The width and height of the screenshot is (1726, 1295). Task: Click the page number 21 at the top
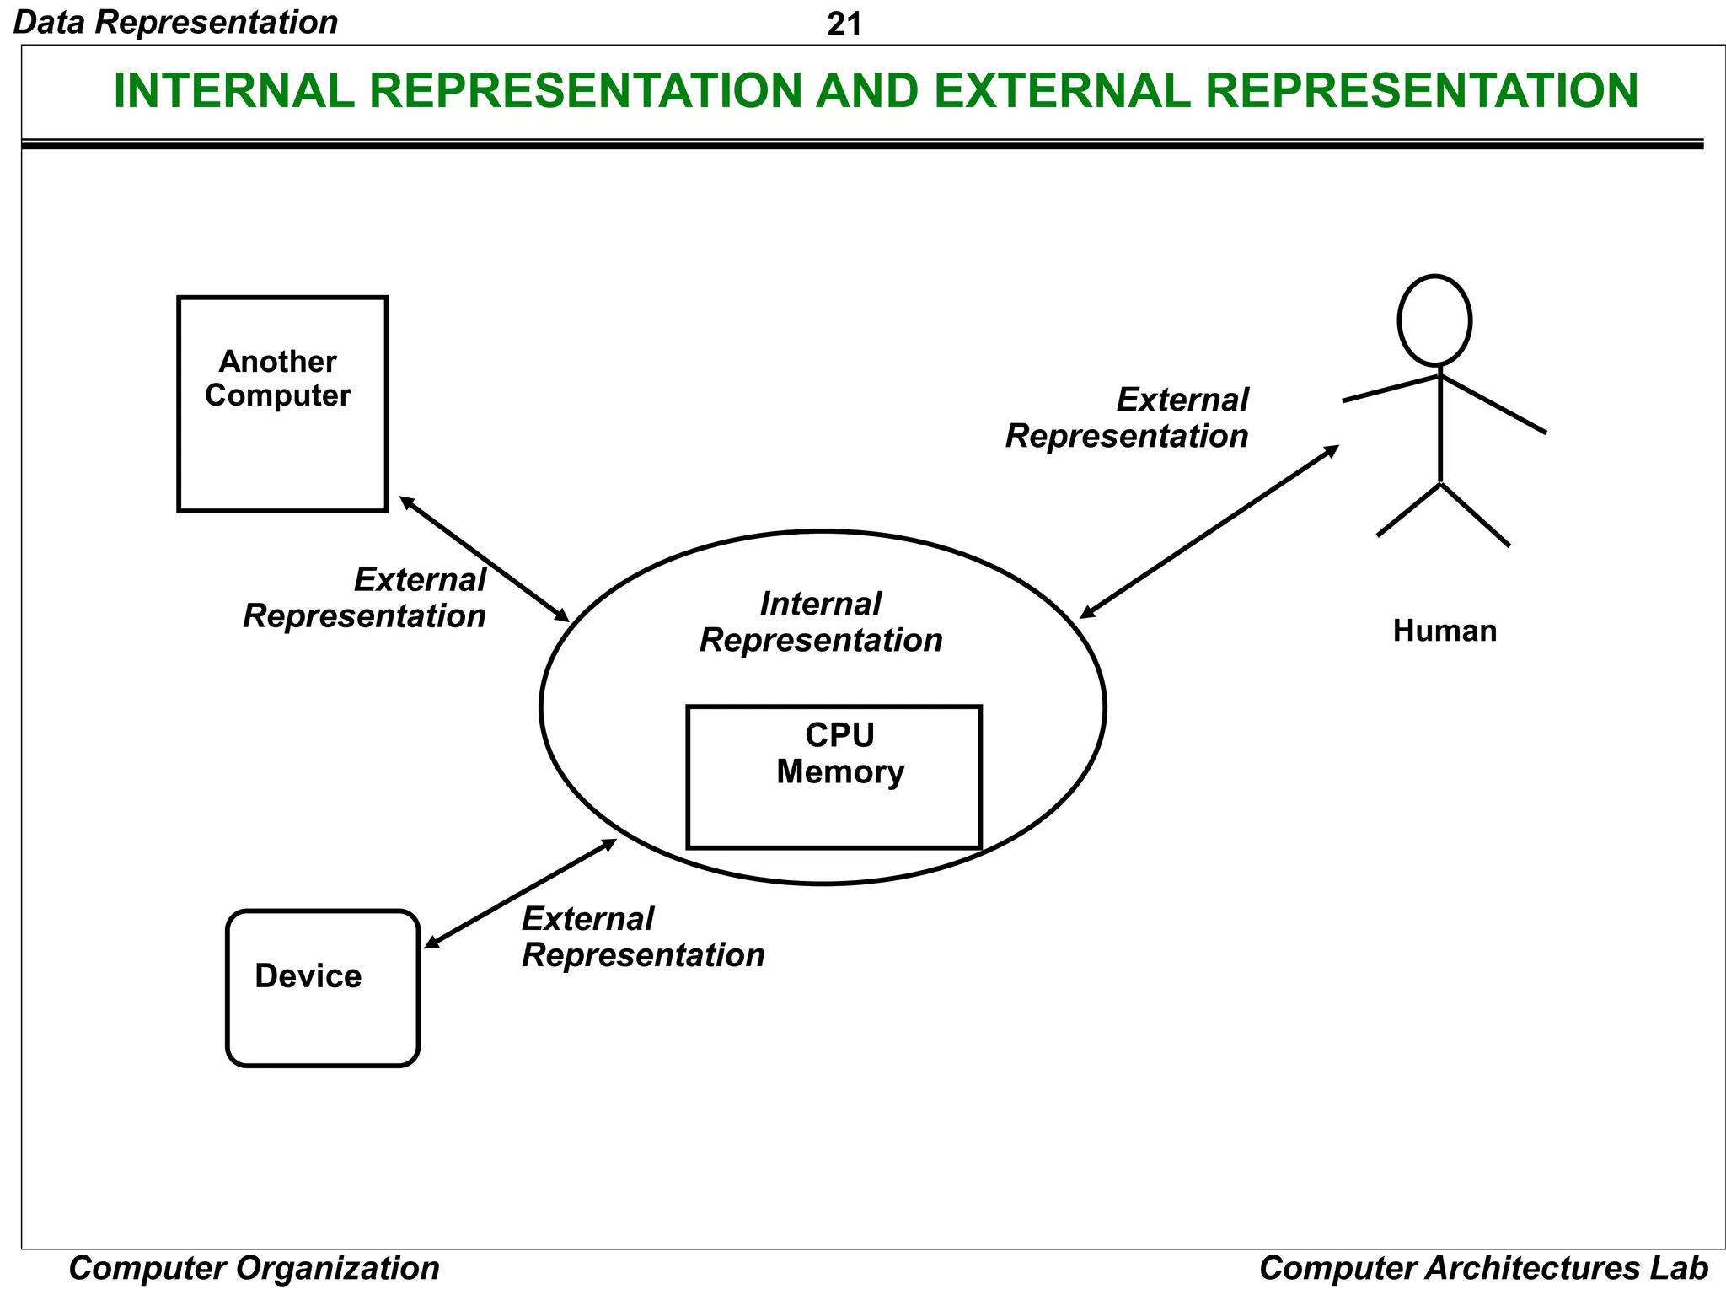coord(844,24)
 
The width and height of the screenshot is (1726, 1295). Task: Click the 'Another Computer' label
coord(277,379)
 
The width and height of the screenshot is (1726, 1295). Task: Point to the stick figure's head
coord(1434,320)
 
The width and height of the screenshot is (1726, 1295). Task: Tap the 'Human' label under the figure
coord(1444,631)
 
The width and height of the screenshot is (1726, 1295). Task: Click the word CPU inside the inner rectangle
coord(839,735)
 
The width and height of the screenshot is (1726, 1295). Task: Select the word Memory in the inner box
coord(839,771)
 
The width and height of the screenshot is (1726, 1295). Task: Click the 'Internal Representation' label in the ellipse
coord(821,622)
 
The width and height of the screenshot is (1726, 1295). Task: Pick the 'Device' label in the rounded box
coord(308,975)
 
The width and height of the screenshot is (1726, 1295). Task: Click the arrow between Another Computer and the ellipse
coord(484,559)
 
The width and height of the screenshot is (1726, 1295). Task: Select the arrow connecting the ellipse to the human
coord(1209,532)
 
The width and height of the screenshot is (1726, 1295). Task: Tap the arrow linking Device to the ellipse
coord(520,894)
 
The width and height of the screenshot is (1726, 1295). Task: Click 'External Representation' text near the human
coord(1128,418)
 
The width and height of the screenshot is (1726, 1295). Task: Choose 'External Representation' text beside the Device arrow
coord(642,937)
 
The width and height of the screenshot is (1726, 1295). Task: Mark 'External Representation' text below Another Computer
coord(365,598)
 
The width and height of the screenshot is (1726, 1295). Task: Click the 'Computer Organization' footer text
coord(254,1268)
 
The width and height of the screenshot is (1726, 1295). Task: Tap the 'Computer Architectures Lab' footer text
coord(1482,1268)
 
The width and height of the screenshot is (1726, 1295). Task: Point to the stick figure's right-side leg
coord(1475,515)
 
